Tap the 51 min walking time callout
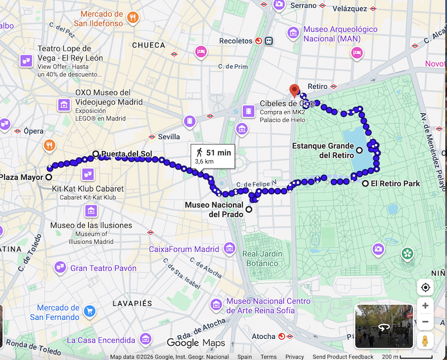212,156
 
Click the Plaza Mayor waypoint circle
49,177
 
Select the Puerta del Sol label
126,153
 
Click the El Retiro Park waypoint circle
365,184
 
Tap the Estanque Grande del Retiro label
323,150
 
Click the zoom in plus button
425,306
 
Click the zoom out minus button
425,322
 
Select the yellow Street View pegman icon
425,340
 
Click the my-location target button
425,287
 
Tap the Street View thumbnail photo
384,326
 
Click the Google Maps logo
196,343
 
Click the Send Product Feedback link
343,357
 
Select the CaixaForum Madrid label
184,249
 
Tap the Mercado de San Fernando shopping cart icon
89,311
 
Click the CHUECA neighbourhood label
149,45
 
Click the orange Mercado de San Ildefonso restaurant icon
132,17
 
